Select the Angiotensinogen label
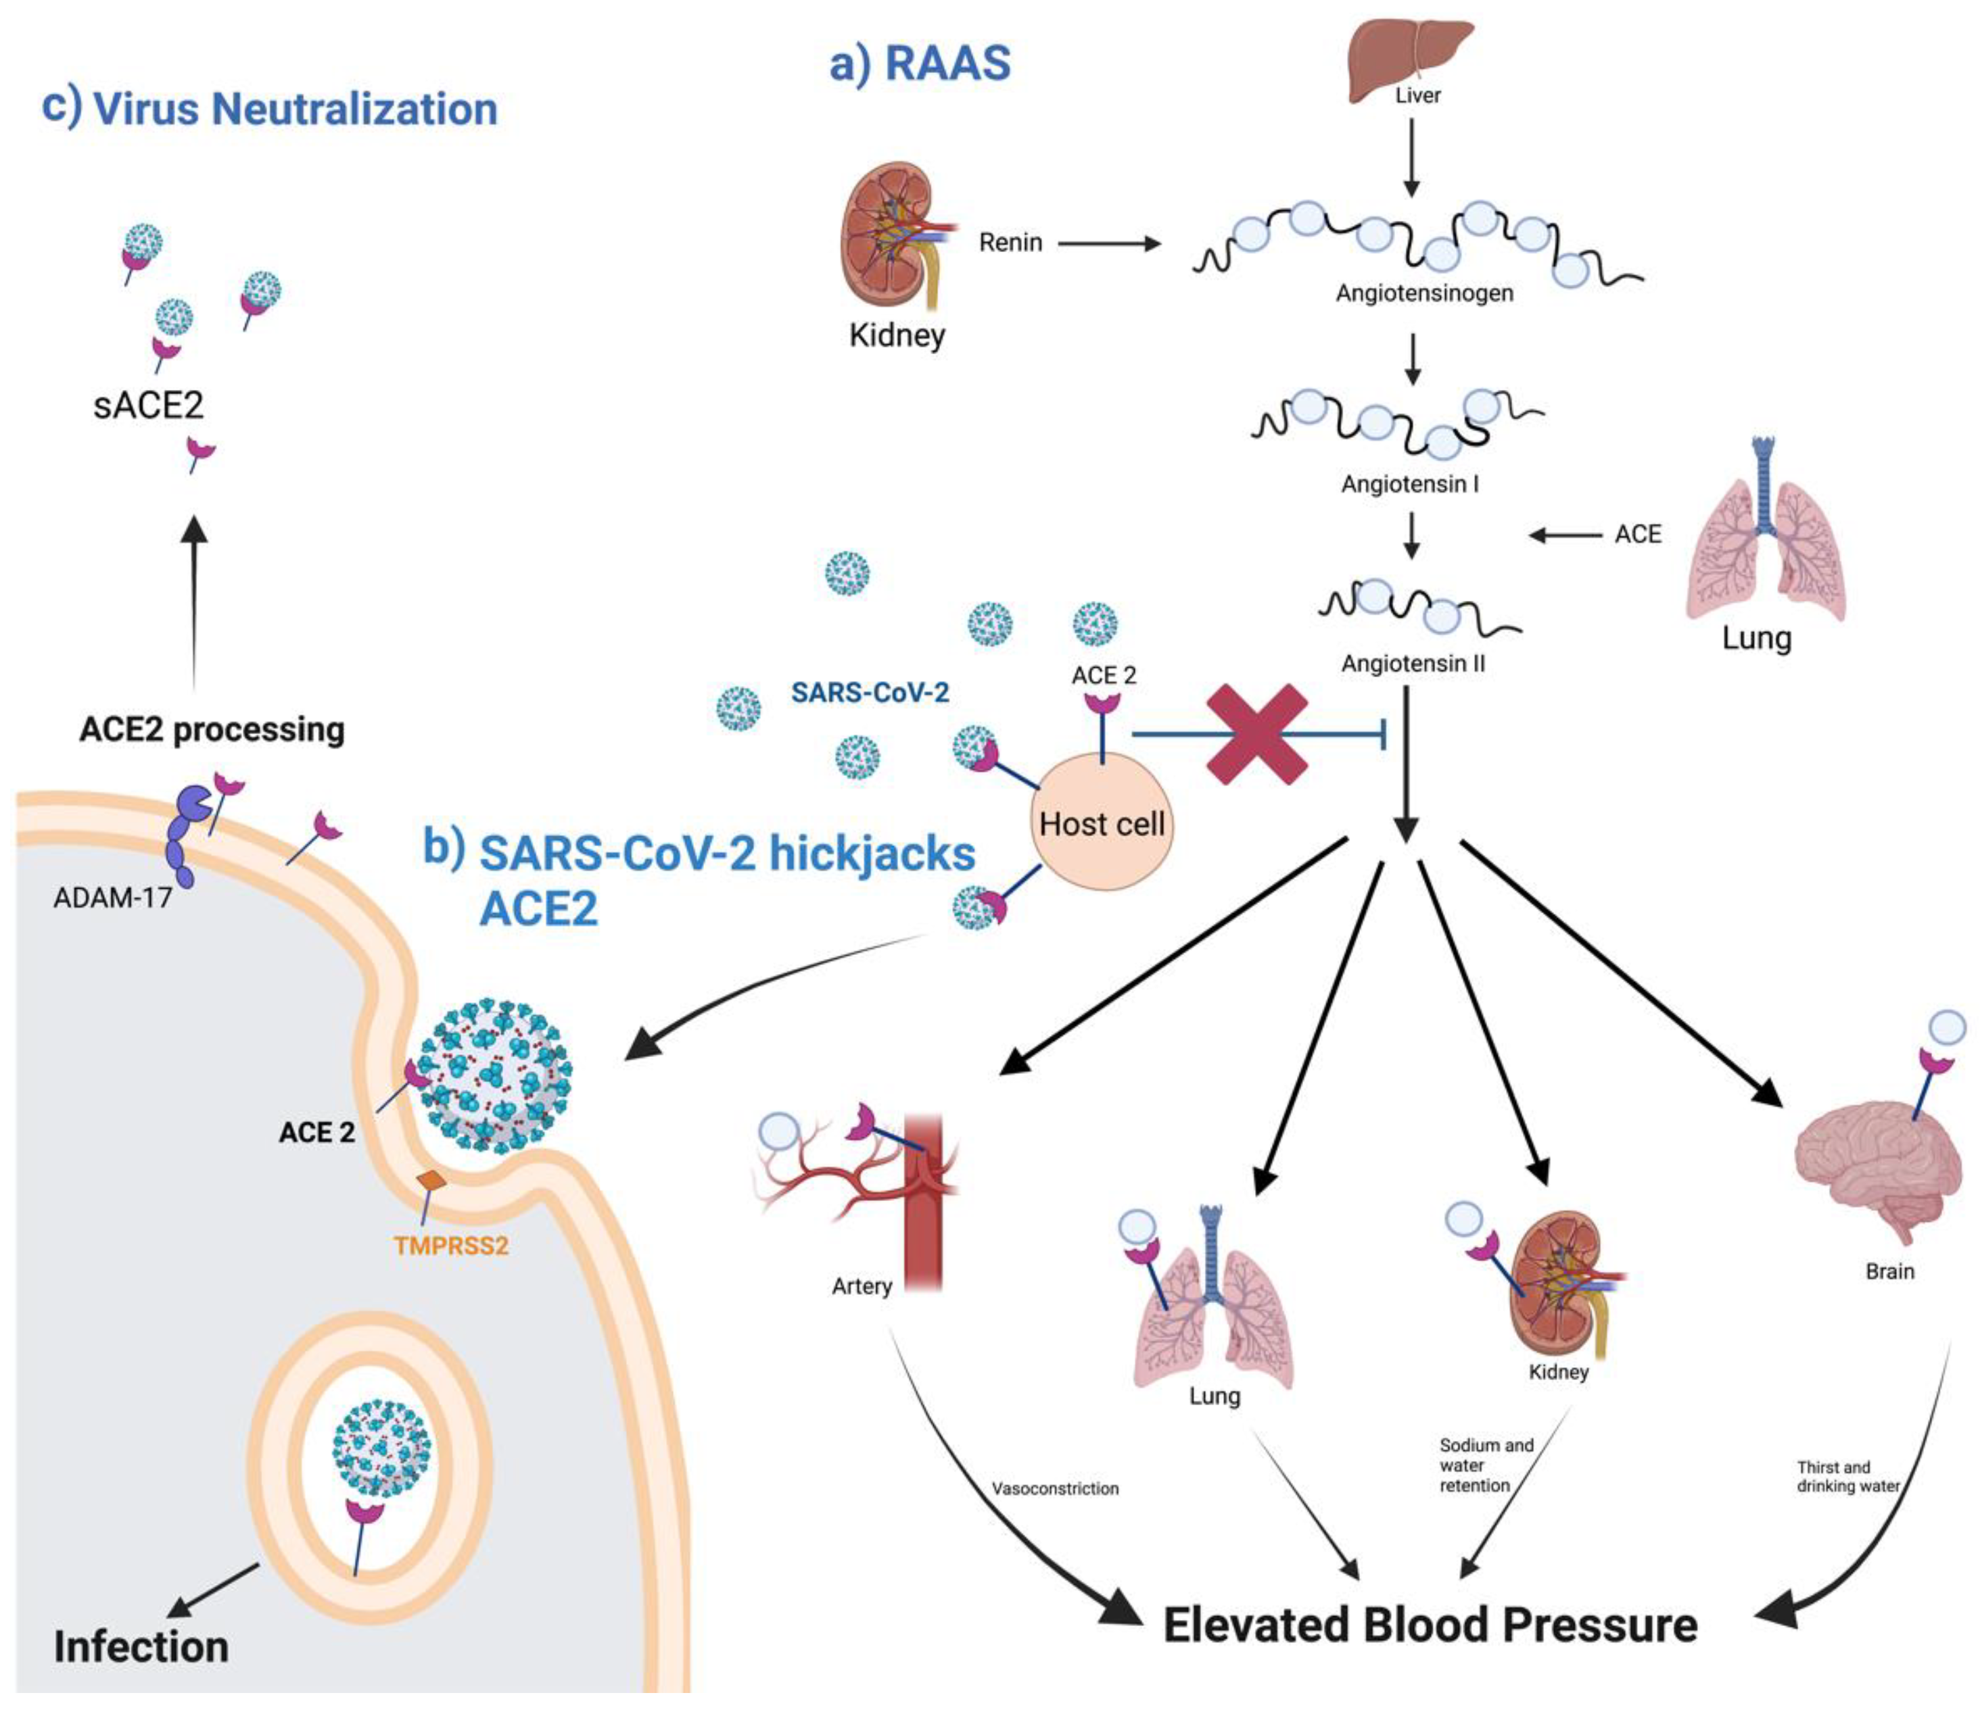point(1423,293)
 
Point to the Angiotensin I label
point(1409,485)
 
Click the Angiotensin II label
point(1412,664)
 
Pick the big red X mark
point(1257,735)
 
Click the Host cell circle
point(1102,822)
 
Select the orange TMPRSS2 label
point(450,1246)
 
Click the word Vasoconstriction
point(1055,1489)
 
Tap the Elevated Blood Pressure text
point(1429,1626)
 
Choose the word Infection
point(141,1646)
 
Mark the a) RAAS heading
point(920,64)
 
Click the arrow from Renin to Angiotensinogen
point(1108,243)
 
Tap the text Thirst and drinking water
point(1846,1477)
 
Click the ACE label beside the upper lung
point(1637,535)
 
